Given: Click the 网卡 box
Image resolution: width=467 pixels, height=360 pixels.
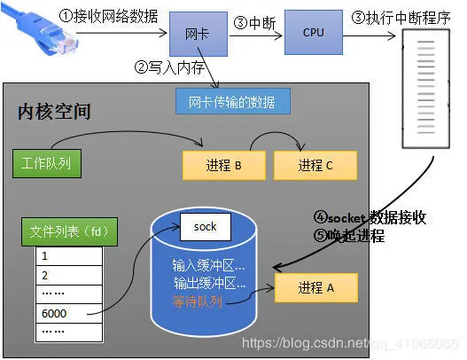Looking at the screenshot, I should click(197, 33).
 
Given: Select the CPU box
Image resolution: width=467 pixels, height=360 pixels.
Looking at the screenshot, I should click(313, 33).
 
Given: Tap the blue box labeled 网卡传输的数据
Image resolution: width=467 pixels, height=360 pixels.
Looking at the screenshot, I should click(233, 100).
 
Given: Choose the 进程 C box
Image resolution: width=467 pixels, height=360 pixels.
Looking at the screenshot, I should click(315, 165).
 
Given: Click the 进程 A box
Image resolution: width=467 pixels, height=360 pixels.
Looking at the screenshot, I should click(315, 288).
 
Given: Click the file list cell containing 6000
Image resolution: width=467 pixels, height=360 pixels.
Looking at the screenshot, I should click(68, 312).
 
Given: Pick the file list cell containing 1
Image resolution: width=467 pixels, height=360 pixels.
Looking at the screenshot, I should click(68, 256).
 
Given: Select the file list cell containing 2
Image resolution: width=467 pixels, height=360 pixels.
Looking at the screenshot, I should click(68, 275).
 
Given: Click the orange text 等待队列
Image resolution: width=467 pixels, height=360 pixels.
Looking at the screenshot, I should click(204, 301).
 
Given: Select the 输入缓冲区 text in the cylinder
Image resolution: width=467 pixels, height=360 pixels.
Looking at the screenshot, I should click(209, 265).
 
